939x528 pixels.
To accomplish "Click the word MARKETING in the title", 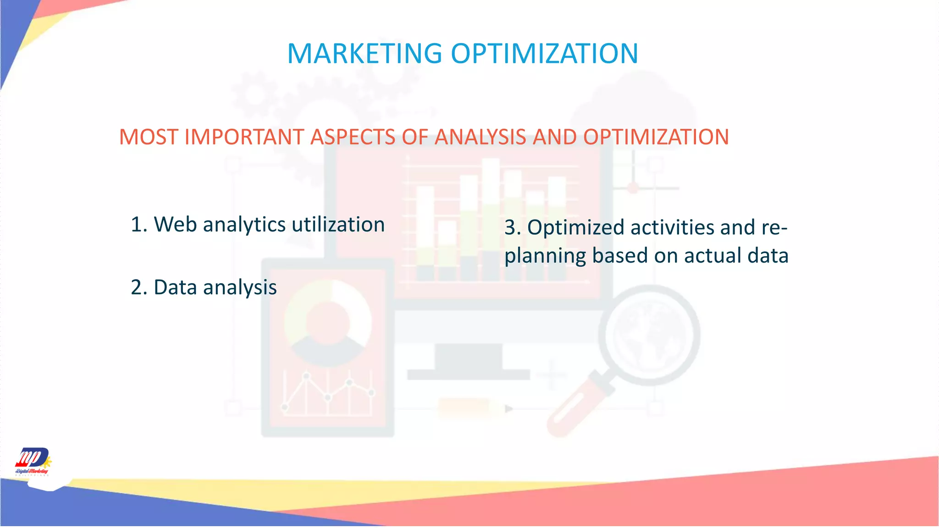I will pyautogui.click(x=365, y=54).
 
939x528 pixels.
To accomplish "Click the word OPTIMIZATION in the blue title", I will pyautogui.click(x=544, y=54).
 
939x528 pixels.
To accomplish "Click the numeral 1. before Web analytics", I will pyautogui.click(x=139, y=225).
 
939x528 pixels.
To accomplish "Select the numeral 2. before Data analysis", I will pyautogui.click(x=139, y=288).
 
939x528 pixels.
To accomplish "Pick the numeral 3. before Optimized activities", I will pyautogui.click(x=513, y=228).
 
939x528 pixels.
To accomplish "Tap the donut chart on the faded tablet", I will pyautogui.click(x=328, y=323).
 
